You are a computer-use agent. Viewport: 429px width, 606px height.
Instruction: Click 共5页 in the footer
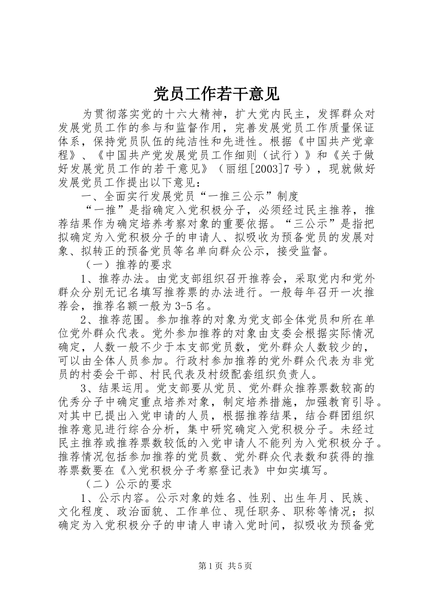(x=240, y=566)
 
